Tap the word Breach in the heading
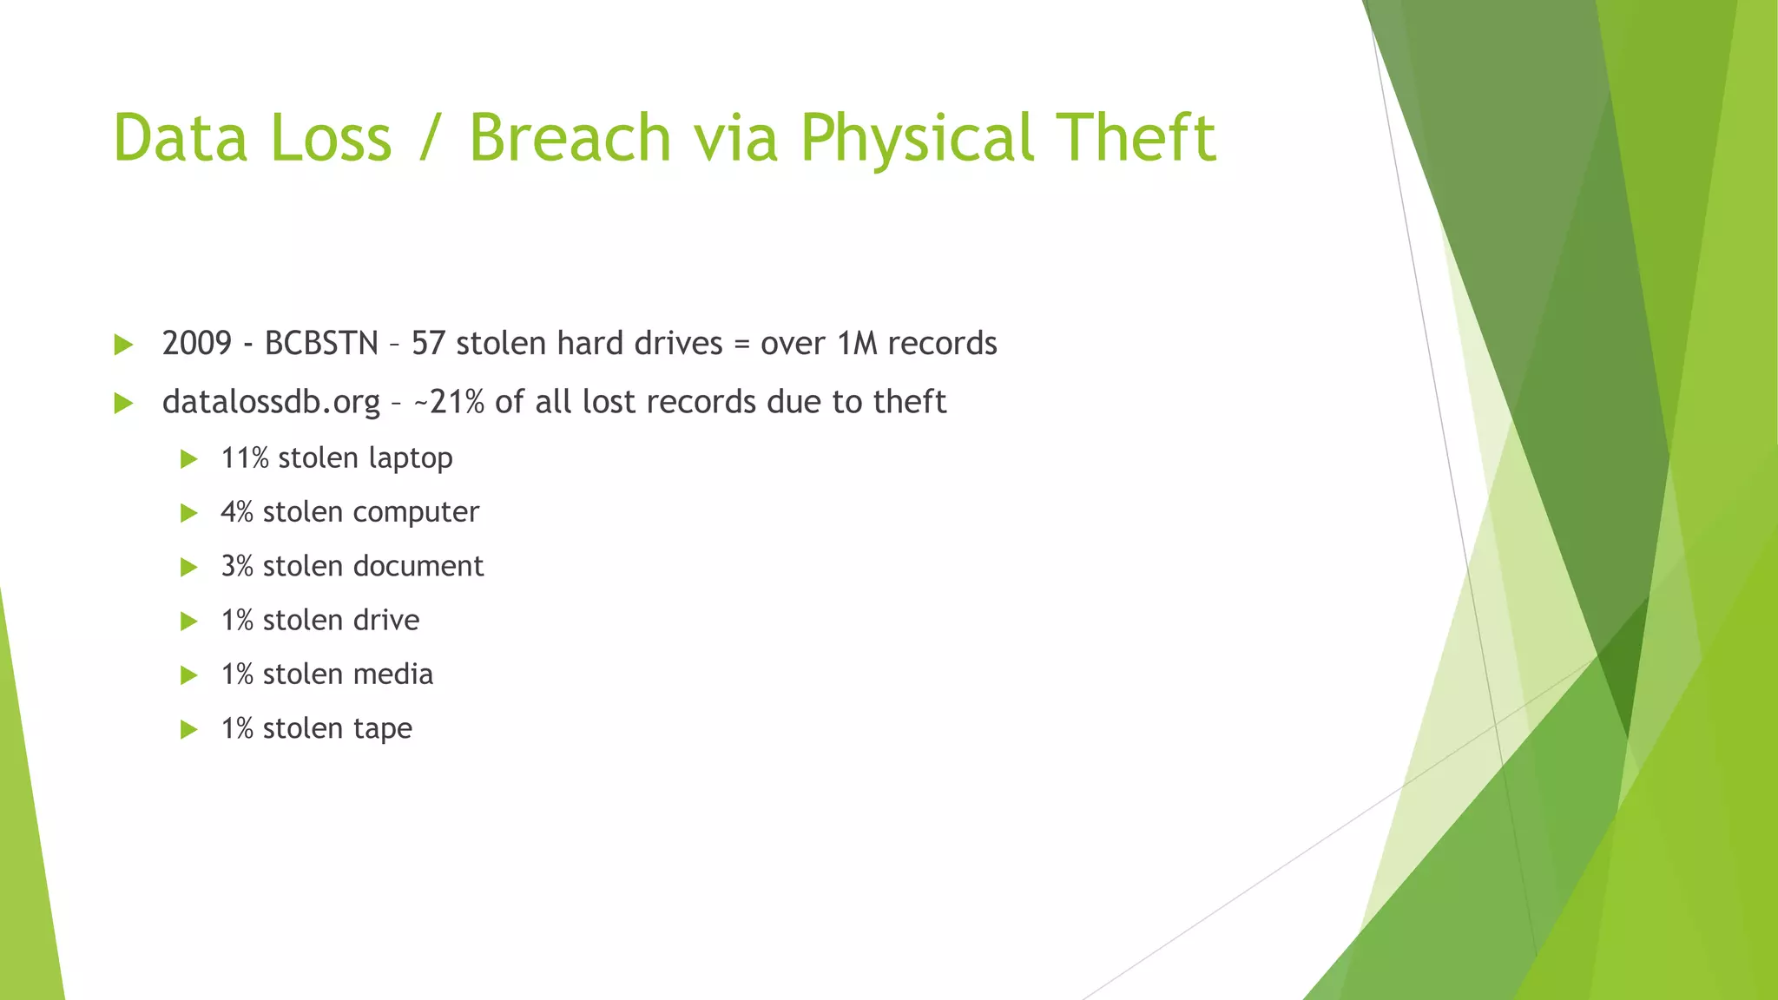pyautogui.click(x=570, y=137)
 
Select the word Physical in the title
pyautogui.click(x=917, y=139)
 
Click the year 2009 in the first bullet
pyautogui.click(x=197, y=344)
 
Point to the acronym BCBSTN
pyautogui.click(x=321, y=344)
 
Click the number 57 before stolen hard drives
pyautogui.click(x=428, y=344)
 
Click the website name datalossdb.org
pyautogui.click(x=271, y=402)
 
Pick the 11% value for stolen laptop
pyautogui.click(x=245, y=457)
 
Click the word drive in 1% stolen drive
pyautogui.click(x=386, y=620)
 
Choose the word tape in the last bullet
pyautogui.click(x=383, y=729)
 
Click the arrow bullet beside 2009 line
pyautogui.click(x=123, y=345)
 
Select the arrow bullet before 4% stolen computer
pyautogui.click(x=188, y=513)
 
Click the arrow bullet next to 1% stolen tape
pyautogui.click(x=188, y=729)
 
